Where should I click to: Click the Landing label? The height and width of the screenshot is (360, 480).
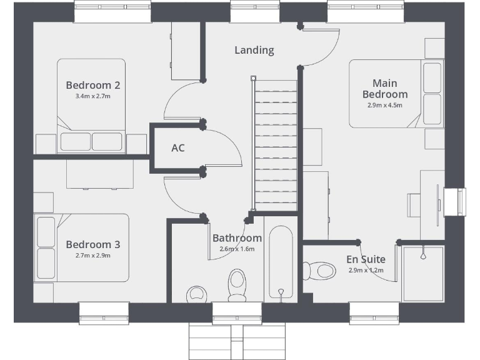[x=254, y=50]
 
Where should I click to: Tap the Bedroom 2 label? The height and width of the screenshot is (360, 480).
[x=92, y=86]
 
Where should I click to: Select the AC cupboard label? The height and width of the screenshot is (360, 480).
[x=178, y=148]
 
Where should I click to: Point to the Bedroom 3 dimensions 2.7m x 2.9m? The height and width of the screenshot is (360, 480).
[x=92, y=256]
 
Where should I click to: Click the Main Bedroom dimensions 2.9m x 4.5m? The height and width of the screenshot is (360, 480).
[x=384, y=106]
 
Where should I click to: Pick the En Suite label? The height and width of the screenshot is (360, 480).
[x=366, y=259]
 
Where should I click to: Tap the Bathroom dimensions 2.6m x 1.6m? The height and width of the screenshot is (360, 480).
[x=237, y=249]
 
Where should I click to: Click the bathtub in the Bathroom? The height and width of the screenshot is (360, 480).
[x=281, y=262]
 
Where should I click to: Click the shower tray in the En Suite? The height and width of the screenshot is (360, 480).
[x=423, y=274]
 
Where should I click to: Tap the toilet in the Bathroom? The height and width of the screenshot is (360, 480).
[x=237, y=285]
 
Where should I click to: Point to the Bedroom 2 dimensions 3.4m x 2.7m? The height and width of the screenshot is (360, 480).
[x=92, y=97]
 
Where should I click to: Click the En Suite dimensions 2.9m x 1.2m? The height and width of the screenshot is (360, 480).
[x=366, y=271]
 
